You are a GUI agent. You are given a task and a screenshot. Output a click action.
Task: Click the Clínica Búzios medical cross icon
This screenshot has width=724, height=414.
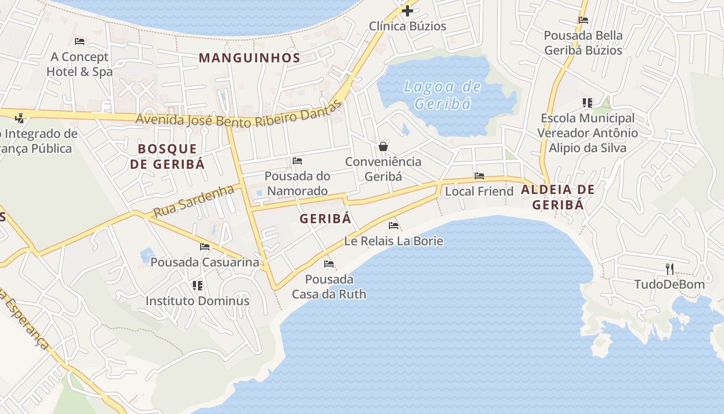408,10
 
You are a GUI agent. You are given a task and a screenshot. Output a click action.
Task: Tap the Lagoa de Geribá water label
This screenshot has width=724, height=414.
443,95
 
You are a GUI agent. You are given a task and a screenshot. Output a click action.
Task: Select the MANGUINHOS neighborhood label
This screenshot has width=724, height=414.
249,58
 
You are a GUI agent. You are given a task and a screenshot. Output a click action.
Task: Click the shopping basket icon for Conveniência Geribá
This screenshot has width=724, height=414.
383,146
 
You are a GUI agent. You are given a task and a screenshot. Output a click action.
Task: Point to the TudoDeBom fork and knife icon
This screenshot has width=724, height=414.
670,269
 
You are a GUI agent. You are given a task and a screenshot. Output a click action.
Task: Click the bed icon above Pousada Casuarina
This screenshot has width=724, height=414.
205,247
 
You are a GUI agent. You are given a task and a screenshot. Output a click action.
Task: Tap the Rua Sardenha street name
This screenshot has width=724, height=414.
194,201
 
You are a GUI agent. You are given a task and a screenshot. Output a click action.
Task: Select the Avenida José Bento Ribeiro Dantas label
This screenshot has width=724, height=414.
239,117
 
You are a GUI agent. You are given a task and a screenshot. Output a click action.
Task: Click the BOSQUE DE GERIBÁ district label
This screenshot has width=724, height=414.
167,157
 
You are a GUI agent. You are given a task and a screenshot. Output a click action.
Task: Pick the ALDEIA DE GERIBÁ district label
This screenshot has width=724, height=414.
557,197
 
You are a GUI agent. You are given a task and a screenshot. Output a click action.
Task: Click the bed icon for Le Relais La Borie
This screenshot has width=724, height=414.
394,225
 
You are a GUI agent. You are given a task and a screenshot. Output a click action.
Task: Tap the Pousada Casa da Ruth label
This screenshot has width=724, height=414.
329,287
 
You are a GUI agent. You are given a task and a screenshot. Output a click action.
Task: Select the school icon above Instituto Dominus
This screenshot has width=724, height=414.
197,285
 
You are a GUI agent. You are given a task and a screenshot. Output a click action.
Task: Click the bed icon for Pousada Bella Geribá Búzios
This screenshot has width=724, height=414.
583,20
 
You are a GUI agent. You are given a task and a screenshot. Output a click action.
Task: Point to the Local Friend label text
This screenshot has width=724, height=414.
479,191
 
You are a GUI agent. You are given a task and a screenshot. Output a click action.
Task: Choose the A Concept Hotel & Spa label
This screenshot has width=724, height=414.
79,64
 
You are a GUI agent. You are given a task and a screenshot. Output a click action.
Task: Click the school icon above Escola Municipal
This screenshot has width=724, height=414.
587,103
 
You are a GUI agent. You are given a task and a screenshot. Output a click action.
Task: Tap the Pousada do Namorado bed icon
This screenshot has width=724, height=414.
297,161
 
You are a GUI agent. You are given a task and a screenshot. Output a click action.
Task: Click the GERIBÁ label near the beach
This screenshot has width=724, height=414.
325,219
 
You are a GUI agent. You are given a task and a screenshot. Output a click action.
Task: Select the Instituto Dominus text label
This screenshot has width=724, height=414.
197,301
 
